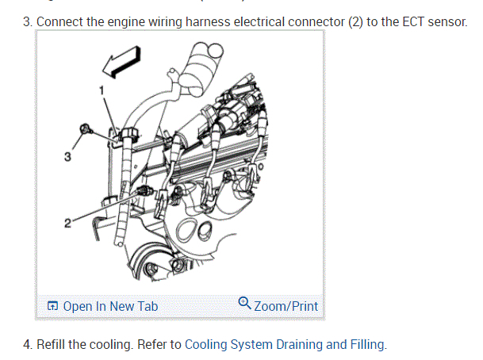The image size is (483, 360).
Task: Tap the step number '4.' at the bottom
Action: pyautogui.click(x=29, y=344)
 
